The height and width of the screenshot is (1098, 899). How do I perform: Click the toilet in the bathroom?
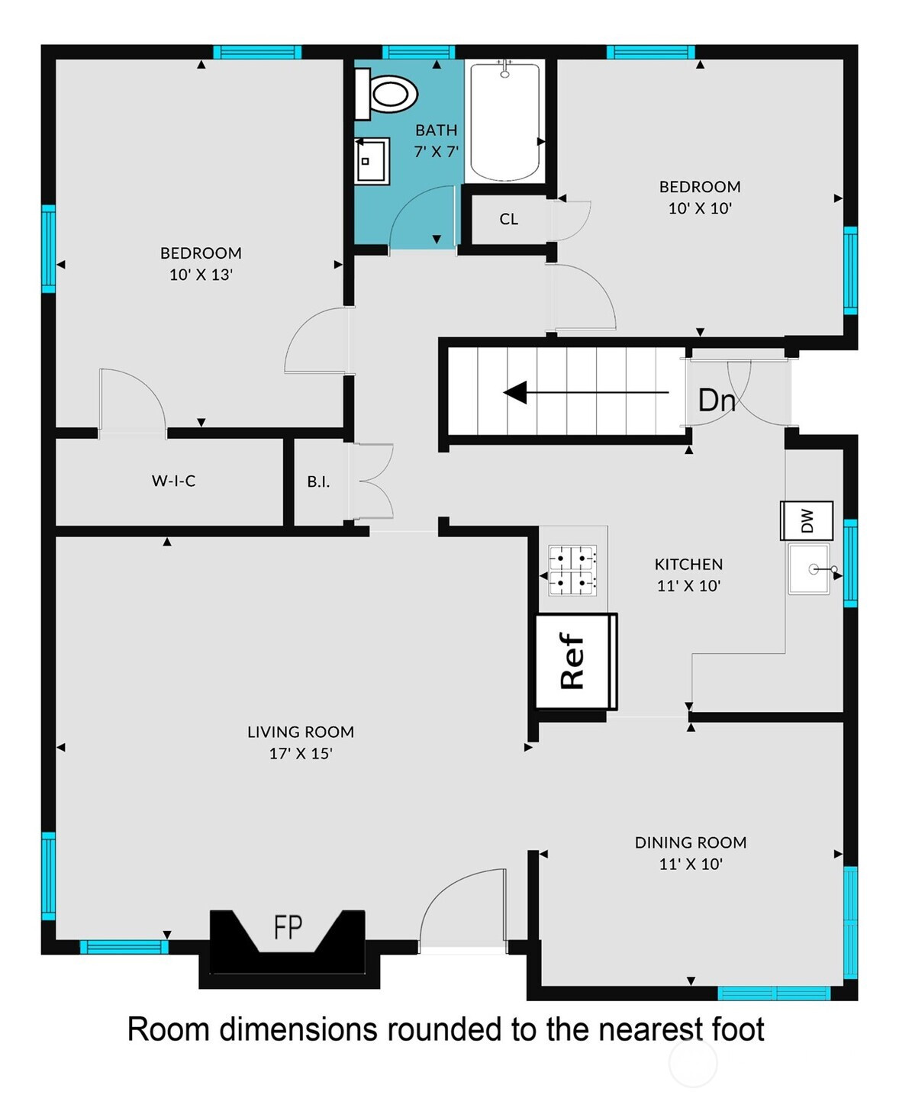tap(386, 94)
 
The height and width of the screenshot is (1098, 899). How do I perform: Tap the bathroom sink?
tap(372, 161)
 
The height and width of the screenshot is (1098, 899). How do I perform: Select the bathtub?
tap(504, 121)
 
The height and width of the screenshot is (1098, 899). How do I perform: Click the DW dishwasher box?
tap(807, 520)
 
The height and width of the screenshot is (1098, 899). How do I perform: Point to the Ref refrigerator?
tap(577, 661)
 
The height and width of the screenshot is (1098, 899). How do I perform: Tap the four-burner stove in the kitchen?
tap(572, 570)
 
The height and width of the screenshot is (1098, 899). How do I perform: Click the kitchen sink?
tap(810, 568)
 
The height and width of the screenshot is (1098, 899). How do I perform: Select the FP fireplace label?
tap(288, 927)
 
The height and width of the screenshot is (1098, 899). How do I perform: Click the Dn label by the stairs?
tap(717, 401)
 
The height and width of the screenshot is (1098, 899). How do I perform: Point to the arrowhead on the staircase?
tap(515, 392)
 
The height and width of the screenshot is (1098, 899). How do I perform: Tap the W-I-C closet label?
tap(173, 481)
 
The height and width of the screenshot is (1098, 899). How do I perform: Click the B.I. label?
tap(318, 481)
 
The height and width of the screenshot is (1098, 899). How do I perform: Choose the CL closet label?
tap(509, 219)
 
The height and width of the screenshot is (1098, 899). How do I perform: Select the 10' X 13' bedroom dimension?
tap(201, 275)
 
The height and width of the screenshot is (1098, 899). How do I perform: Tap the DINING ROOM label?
tap(691, 842)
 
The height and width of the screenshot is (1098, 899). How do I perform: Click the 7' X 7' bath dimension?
tap(437, 152)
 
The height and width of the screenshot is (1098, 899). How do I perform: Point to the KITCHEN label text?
tap(688, 565)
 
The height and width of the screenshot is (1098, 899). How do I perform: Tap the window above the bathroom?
tap(419, 52)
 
